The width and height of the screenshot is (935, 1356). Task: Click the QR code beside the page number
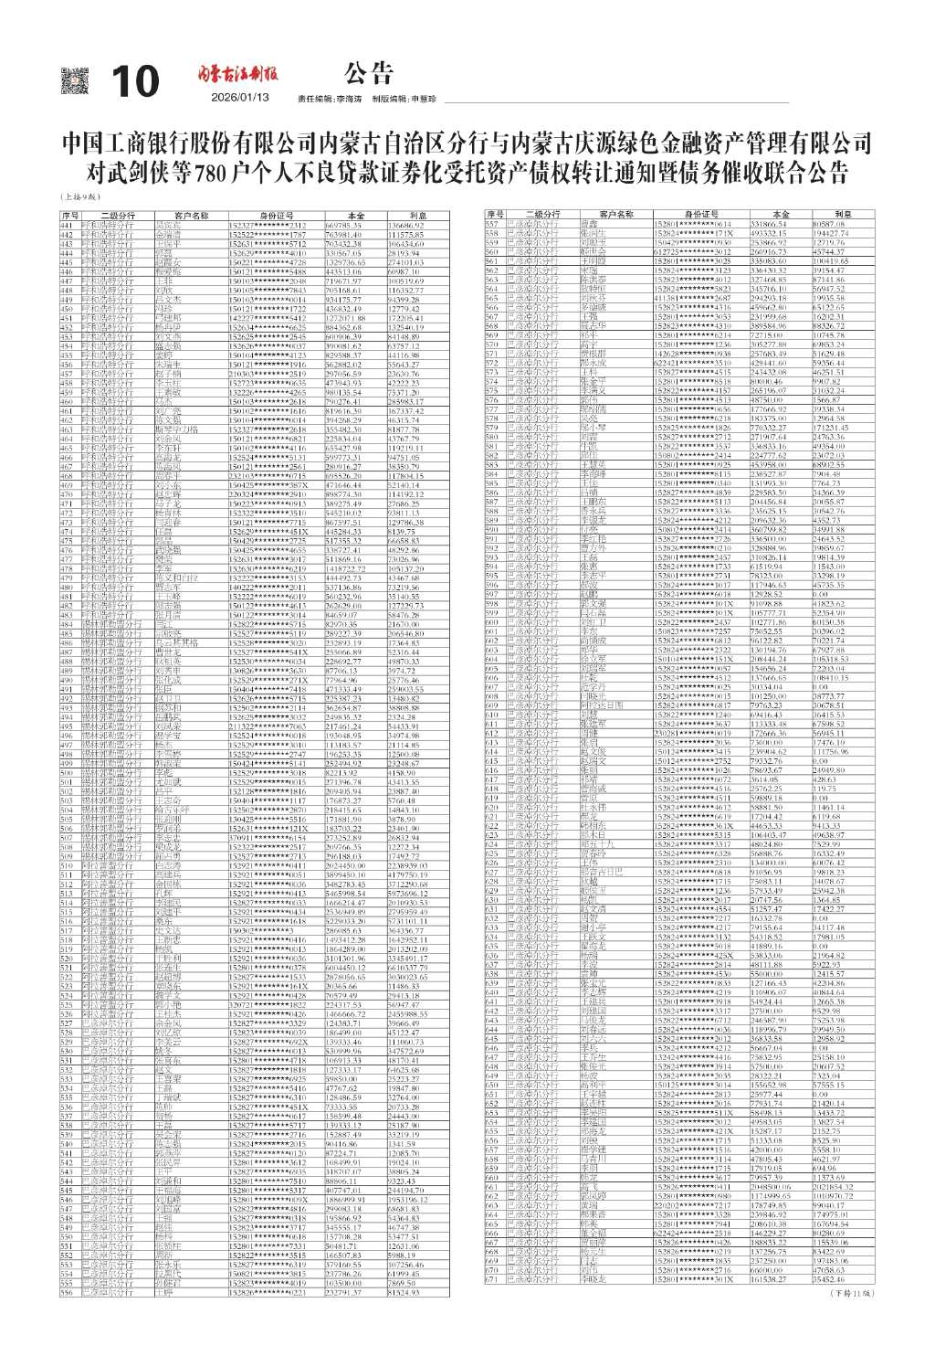pyautogui.click(x=75, y=81)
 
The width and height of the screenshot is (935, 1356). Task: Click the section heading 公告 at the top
pyautogui.click(x=369, y=72)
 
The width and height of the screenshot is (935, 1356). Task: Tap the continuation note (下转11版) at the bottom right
pyautogui.click(x=851, y=1293)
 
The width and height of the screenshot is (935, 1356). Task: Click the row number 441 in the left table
pyautogui.click(x=67, y=225)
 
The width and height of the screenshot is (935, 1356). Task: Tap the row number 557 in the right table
pyautogui.click(x=493, y=223)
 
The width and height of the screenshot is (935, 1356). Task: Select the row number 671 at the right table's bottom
pyautogui.click(x=493, y=1278)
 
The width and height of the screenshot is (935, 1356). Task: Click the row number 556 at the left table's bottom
pyautogui.click(x=67, y=1292)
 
